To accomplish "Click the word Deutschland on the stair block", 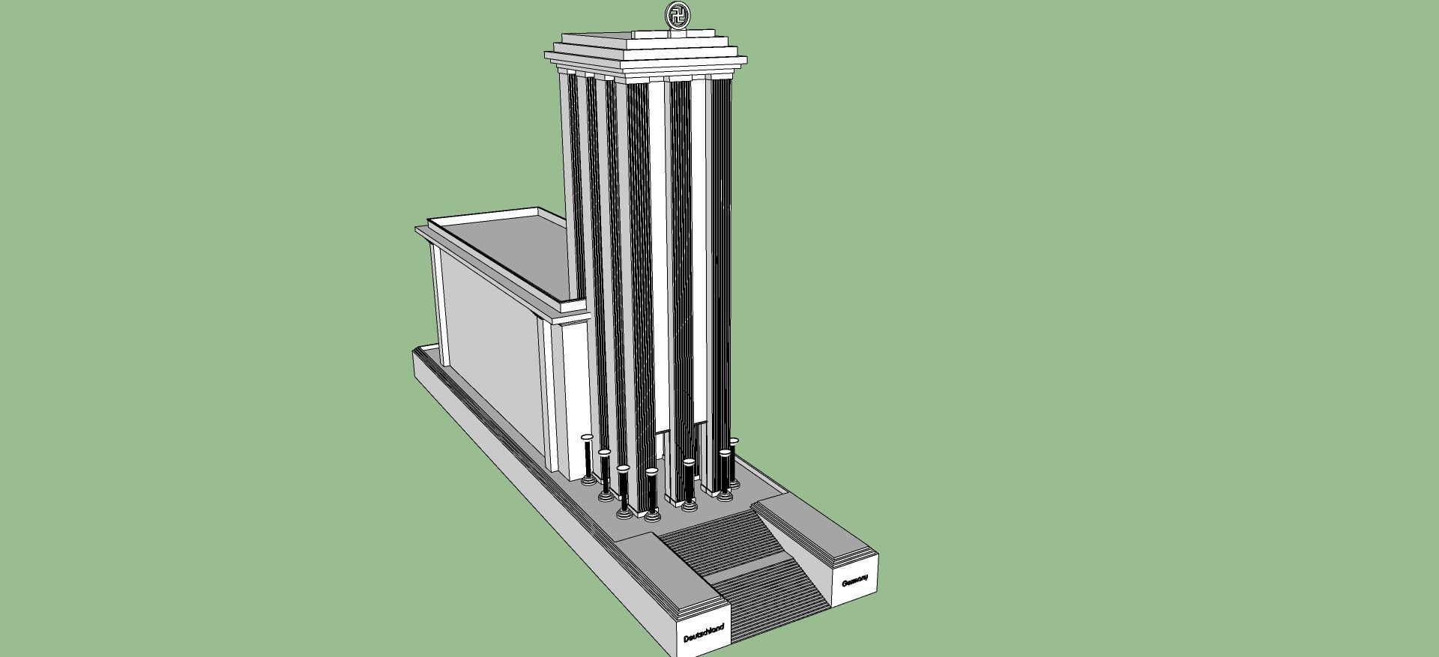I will click(704, 632).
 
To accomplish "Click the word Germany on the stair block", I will click(855, 581).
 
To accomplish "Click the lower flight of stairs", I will click(776, 599).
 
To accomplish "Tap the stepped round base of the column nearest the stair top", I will click(652, 515).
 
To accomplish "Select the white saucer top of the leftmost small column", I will click(587, 436).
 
